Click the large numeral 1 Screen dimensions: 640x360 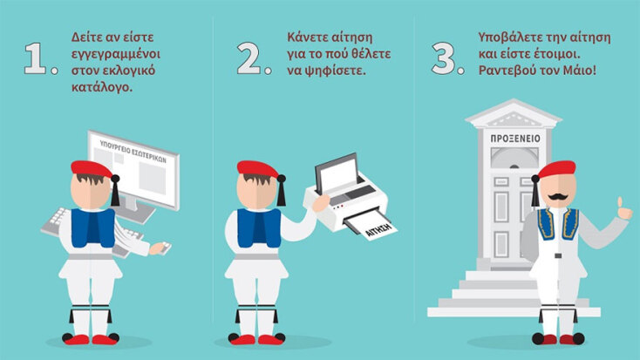pos(36,58)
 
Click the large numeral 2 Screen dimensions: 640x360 pos(249,58)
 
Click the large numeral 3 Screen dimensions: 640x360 pos(444,58)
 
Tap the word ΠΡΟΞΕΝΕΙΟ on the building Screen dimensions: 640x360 pos(515,139)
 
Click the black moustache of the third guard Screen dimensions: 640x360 pos(557,197)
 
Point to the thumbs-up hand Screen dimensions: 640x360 pos(623,209)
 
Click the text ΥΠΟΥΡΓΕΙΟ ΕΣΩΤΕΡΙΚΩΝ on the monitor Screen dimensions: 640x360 pos(133,151)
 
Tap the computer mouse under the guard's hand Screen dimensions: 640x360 pos(166,248)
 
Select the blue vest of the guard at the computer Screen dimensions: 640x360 pos(93,228)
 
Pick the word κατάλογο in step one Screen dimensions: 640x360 pos(102,87)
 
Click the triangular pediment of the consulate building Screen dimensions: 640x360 pos(514,113)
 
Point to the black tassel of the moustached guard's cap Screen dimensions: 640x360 pos(535,190)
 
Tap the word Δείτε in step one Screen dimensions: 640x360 pos(88,37)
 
